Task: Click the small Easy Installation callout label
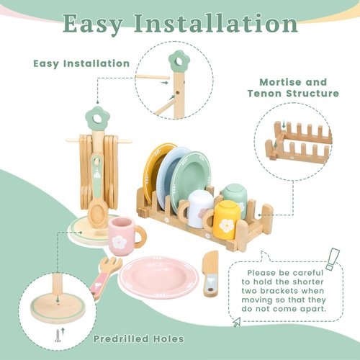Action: tap(81, 63)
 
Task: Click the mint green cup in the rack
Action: tap(233, 194)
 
